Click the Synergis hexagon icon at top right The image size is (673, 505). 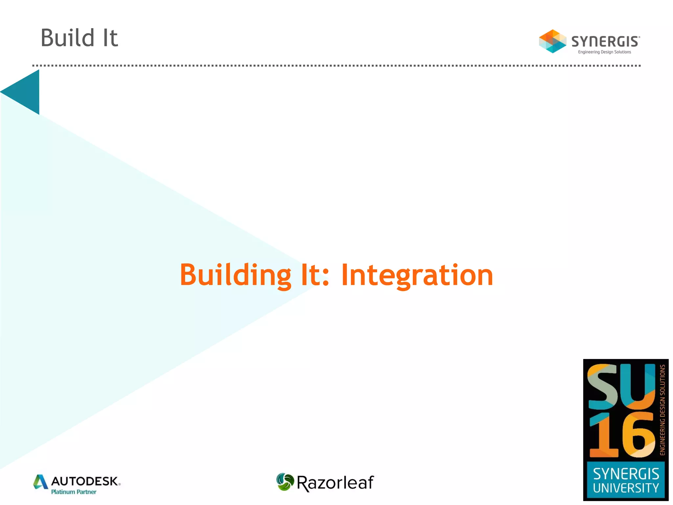552,41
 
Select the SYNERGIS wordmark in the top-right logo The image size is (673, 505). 605,42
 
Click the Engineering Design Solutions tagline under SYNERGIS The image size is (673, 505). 604,52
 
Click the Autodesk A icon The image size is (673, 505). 41,482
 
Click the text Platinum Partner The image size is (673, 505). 74,492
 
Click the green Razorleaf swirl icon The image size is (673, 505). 285,482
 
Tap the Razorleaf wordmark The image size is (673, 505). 335,483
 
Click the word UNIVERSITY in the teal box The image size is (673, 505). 626,488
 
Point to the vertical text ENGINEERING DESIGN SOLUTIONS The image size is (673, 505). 662,410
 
